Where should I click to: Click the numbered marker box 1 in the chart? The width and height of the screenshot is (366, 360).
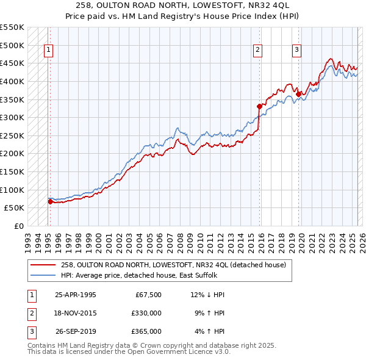click(x=48, y=51)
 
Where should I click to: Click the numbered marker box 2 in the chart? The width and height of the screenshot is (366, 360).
click(x=258, y=51)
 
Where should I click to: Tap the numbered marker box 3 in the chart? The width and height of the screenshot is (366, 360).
click(x=296, y=51)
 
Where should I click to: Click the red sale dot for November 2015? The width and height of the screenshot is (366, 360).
click(x=259, y=106)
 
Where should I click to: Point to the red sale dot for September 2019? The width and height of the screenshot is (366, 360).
click(x=298, y=93)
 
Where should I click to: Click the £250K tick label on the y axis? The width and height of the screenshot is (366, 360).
click(x=12, y=135)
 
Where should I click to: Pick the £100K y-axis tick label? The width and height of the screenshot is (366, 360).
click(x=12, y=190)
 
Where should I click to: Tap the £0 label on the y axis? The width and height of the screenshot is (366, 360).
click(x=19, y=226)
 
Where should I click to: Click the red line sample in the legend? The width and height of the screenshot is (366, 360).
click(x=43, y=264)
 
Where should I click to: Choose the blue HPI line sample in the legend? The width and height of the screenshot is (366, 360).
click(x=43, y=275)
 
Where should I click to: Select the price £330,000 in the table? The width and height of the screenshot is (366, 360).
click(x=146, y=313)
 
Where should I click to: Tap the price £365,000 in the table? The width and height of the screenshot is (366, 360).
click(x=146, y=331)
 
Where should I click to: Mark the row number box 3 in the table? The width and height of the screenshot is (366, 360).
click(x=30, y=331)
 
